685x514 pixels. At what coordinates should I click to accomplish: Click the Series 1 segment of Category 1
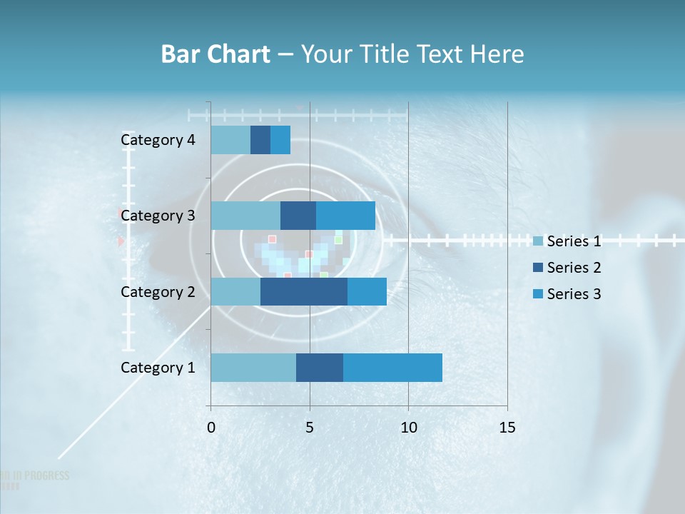(253, 368)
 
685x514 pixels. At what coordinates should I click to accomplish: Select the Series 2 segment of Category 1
(320, 368)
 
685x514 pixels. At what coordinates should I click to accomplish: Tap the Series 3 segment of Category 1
(392, 368)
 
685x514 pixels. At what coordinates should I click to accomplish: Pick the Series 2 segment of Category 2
(304, 292)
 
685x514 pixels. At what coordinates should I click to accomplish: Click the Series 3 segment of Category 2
(367, 292)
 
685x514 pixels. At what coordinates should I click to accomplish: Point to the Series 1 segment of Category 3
(245, 216)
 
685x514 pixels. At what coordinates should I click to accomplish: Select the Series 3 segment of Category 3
(345, 216)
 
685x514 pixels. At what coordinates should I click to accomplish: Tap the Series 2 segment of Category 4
(260, 140)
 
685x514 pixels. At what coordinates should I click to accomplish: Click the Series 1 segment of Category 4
(230, 140)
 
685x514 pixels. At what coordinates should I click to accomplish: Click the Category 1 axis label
(158, 368)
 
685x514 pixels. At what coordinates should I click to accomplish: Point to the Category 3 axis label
(158, 216)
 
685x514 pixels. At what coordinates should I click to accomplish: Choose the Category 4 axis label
(158, 140)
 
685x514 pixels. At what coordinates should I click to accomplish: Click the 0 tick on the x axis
(211, 428)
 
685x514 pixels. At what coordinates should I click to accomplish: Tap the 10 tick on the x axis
(408, 428)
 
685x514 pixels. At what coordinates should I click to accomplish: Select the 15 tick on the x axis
(507, 428)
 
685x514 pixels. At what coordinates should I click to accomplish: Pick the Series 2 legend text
(574, 268)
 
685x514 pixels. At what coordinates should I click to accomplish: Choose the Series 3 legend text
(574, 294)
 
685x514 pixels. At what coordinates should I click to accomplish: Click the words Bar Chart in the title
(215, 54)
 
